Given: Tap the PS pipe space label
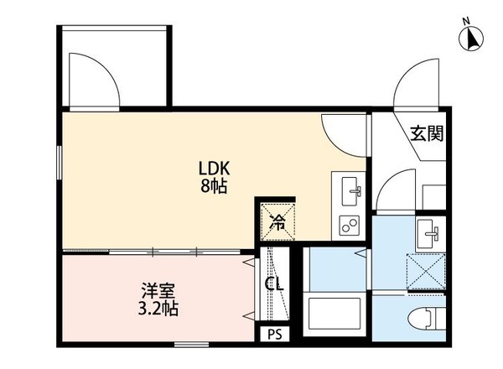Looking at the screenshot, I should [x=274, y=335].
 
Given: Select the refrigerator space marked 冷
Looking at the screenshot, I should [x=277, y=221].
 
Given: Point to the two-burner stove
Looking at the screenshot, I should [x=349, y=225].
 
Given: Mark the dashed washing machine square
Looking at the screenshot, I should [x=428, y=270].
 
